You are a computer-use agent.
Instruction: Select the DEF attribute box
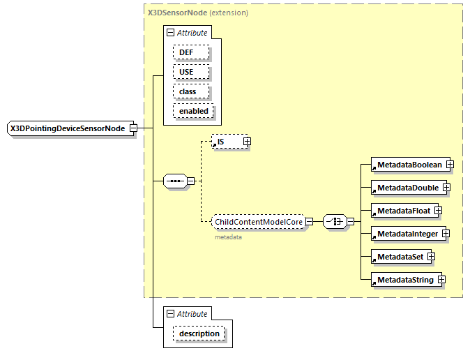(187, 52)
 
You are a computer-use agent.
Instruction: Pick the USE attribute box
(187, 72)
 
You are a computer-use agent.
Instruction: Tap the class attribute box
(188, 91)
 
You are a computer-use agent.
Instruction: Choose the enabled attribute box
(193, 111)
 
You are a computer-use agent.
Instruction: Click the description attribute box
(199, 333)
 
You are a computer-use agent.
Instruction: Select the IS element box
(227, 142)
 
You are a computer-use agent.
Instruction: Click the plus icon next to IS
(247, 142)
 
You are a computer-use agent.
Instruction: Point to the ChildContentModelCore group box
(258, 222)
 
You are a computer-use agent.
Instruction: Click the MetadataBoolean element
(409, 165)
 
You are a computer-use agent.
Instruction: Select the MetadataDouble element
(407, 188)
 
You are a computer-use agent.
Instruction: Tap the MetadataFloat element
(402, 211)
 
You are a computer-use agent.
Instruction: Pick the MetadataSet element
(399, 257)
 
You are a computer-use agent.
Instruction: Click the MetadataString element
(404, 280)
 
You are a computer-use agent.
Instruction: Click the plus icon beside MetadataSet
(431, 257)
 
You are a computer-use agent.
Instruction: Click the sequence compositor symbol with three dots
(174, 181)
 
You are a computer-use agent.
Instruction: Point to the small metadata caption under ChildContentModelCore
(228, 237)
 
